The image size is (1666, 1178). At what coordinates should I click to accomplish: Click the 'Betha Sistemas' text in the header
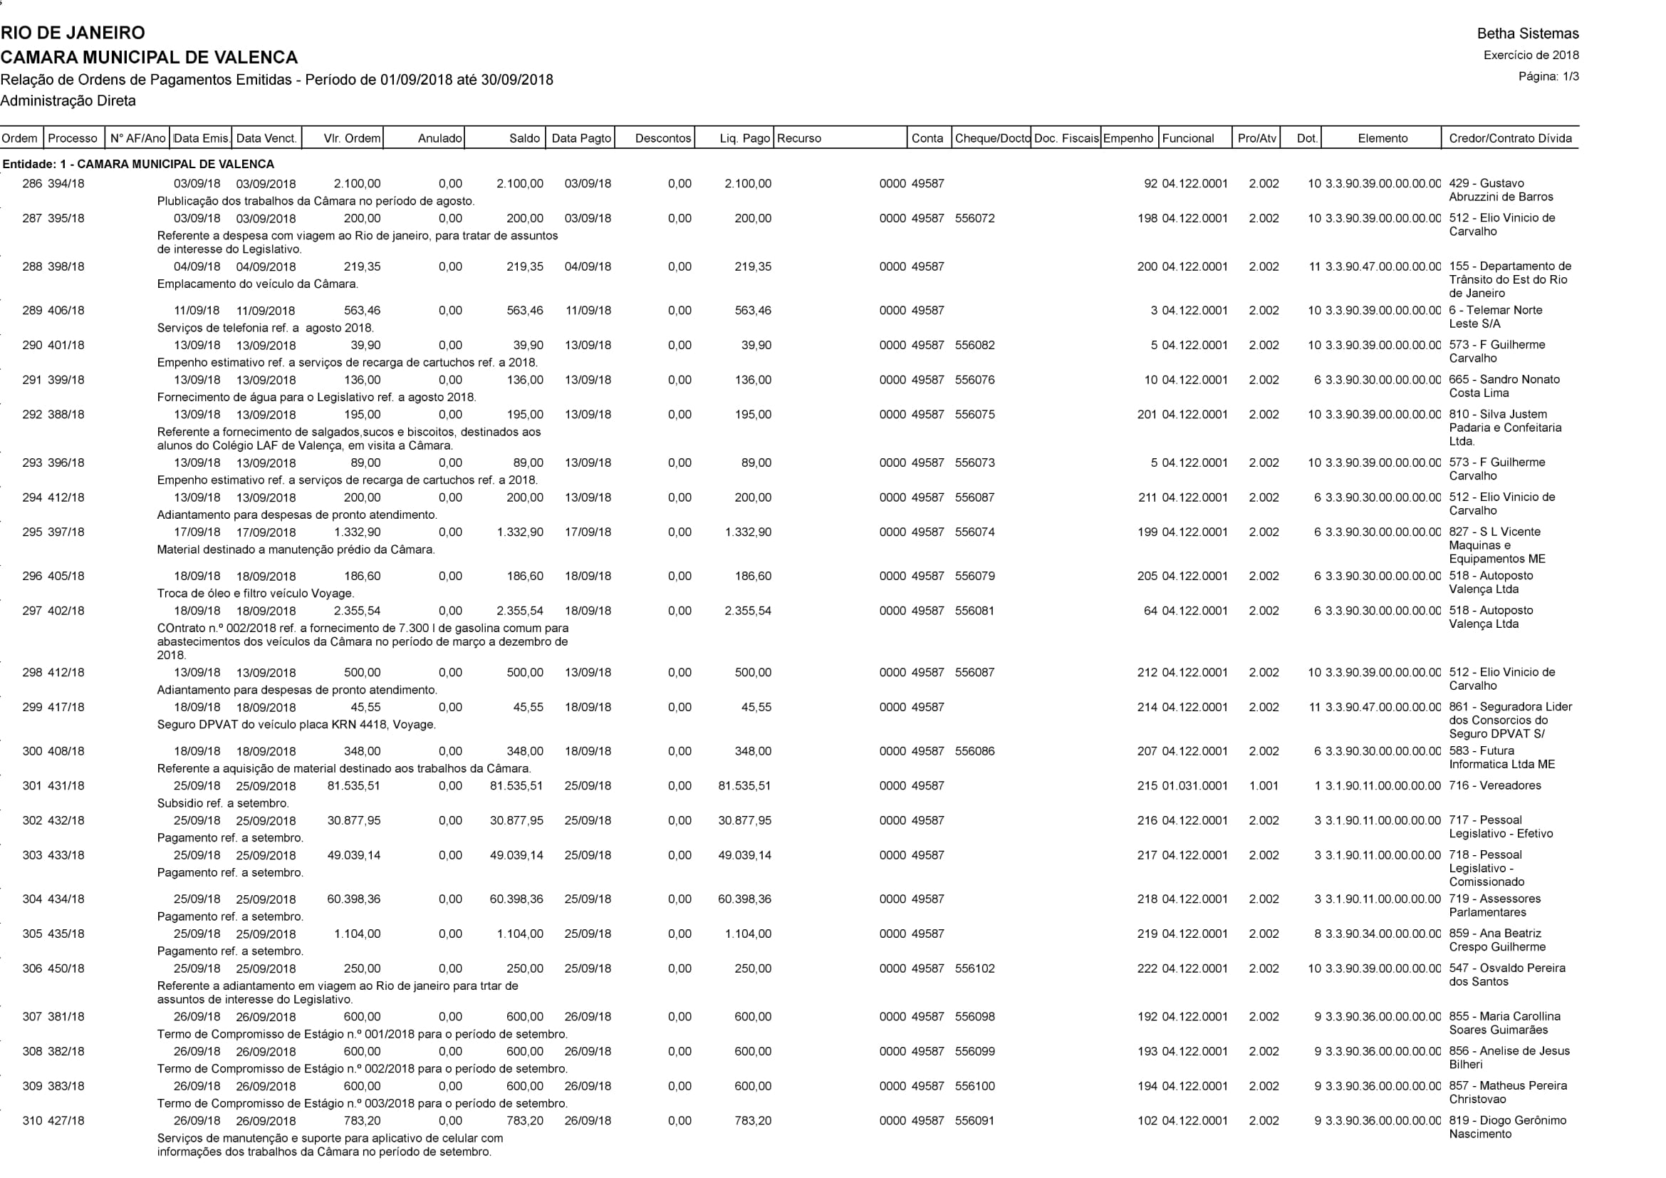click(1527, 33)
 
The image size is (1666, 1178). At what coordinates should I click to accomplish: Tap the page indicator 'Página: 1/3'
click(1548, 76)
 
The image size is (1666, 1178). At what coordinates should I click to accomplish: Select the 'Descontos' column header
click(662, 138)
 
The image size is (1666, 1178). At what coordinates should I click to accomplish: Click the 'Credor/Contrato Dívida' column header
click(1510, 138)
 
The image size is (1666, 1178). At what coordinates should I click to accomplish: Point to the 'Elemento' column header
click(1383, 138)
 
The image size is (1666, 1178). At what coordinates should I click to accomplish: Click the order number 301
click(32, 785)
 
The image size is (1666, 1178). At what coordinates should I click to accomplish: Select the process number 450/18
click(66, 968)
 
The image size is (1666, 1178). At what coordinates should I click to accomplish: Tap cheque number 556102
click(974, 968)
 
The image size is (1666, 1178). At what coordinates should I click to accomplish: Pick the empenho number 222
click(1147, 968)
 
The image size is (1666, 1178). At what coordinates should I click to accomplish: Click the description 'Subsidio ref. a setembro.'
click(223, 802)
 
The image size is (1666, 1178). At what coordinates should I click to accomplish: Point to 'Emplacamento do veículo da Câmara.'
click(258, 284)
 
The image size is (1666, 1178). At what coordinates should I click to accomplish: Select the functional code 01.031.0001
click(1194, 785)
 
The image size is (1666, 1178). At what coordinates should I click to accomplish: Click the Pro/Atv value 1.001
click(1264, 785)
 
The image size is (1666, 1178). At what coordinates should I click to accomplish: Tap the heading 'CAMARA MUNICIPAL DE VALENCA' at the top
click(149, 57)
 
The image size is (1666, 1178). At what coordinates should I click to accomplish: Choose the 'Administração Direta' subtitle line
click(68, 101)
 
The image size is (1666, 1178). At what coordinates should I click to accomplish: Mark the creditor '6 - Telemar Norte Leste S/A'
click(1496, 316)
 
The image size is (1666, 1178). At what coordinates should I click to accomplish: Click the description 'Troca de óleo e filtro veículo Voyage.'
click(256, 593)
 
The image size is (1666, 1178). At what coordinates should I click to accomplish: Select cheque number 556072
click(974, 219)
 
